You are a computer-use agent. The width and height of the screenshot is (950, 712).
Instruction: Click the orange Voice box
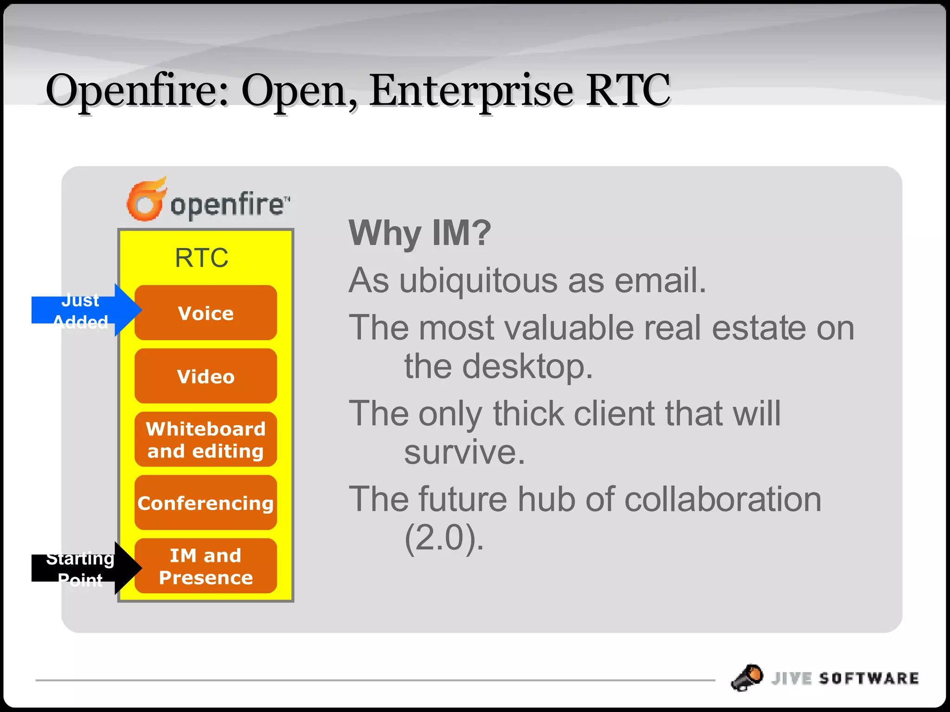pyautogui.click(x=205, y=313)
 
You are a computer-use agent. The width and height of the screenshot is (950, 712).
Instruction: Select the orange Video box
pyautogui.click(x=205, y=376)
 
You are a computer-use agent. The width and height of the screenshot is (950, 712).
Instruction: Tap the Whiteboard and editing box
pyautogui.click(x=205, y=439)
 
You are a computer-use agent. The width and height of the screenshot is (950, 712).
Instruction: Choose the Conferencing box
pyautogui.click(x=205, y=502)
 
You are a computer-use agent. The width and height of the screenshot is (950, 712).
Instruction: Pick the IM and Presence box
pyautogui.click(x=205, y=566)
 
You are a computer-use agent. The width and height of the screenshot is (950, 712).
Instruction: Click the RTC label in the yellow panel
pyautogui.click(x=201, y=258)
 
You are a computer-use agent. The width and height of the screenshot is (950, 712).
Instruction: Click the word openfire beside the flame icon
pyautogui.click(x=227, y=204)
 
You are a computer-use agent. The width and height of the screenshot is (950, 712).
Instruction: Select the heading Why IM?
pyautogui.click(x=419, y=233)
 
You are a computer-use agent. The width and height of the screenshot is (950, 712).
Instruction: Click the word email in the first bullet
pyautogui.click(x=660, y=280)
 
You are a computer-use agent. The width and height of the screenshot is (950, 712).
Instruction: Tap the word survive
pyautogui.click(x=464, y=452)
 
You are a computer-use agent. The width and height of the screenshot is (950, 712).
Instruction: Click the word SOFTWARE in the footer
pyautogui.click(x=868, y=679)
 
